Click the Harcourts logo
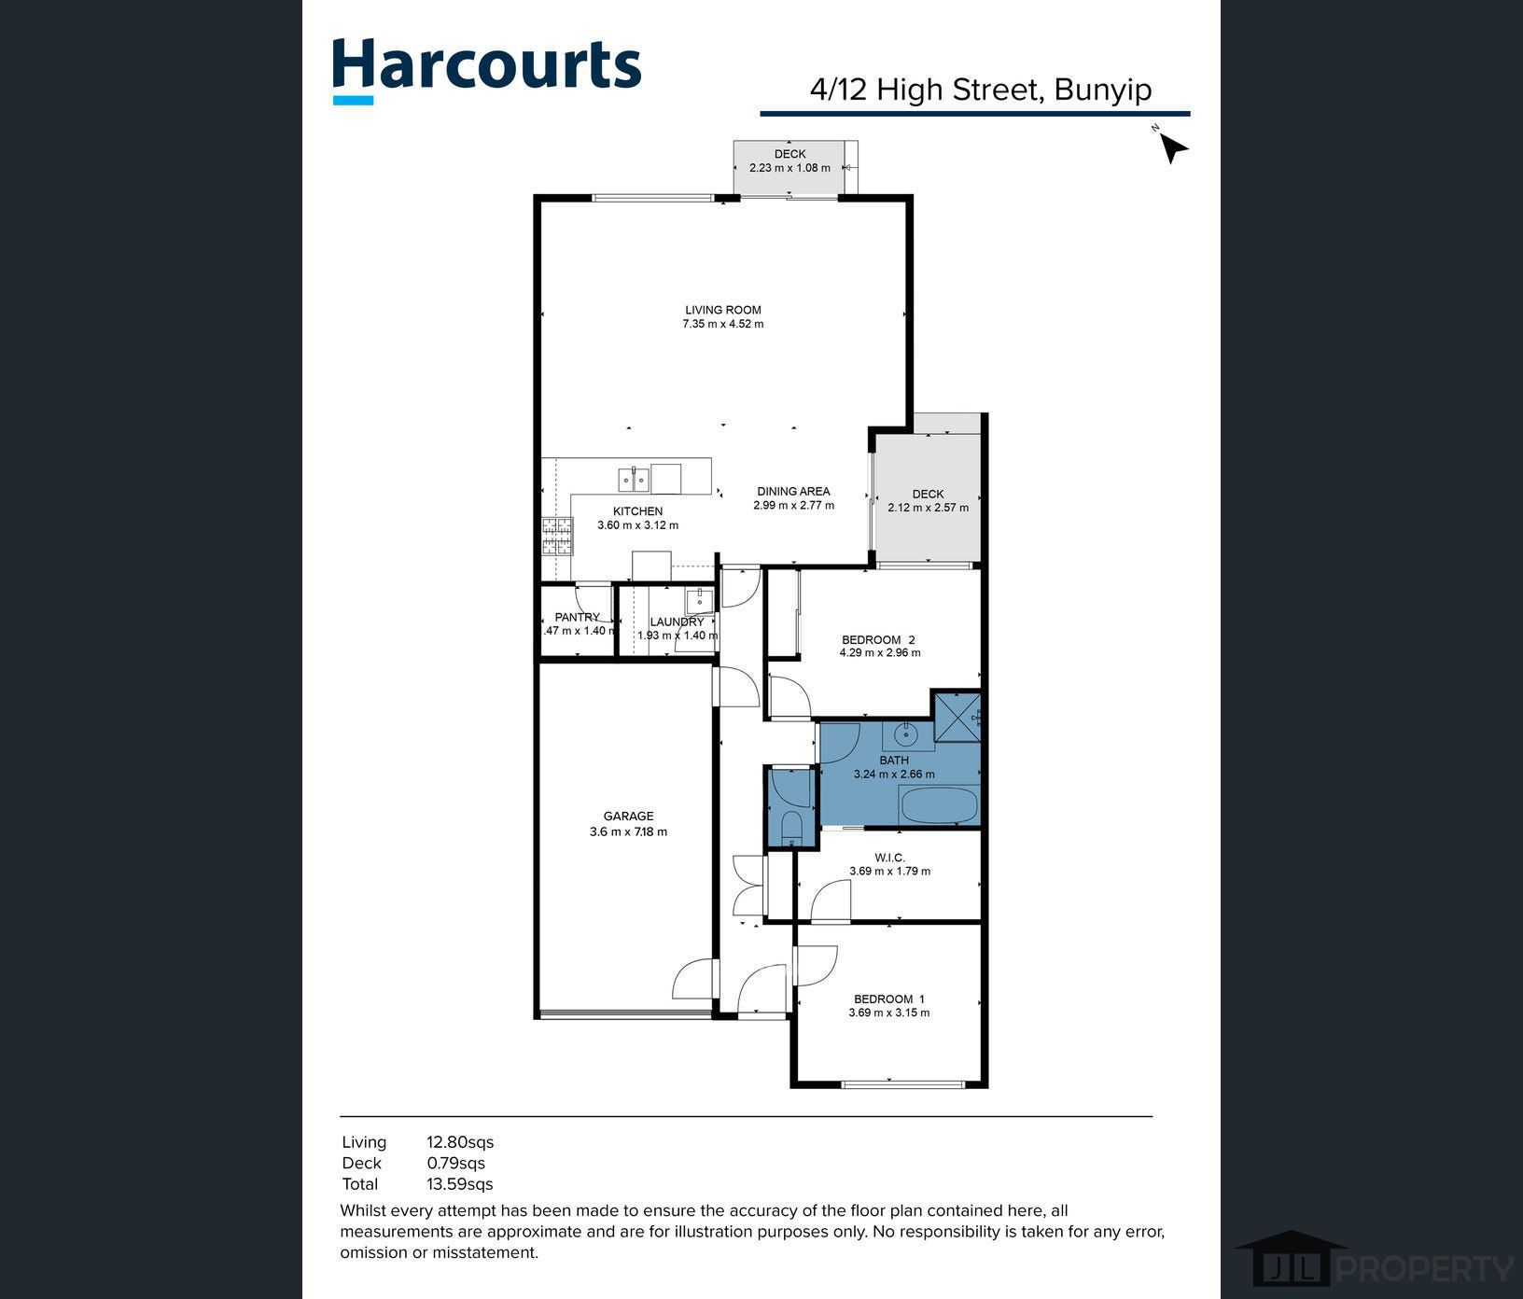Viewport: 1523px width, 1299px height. (486, 67)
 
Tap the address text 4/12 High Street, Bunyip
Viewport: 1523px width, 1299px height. (980, 90)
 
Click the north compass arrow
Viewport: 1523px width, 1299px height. (1172, 147)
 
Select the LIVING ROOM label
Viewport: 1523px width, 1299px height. (723, 310)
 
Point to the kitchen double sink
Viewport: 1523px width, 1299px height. (634, 480)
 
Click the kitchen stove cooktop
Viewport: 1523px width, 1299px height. (557, 537)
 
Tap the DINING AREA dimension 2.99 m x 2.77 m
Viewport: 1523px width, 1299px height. (793, 506)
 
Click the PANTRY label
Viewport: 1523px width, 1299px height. (577, 617)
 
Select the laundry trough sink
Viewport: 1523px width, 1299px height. (699, 599)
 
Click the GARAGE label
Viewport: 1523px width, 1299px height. (628, 816)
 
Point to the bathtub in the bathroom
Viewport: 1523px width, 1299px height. (938, 804)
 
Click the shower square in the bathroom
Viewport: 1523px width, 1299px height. (957, 716)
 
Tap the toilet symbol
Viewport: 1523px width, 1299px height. (791, 826)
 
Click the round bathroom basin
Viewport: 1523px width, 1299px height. (906, 735)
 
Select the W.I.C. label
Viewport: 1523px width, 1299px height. (889, 857)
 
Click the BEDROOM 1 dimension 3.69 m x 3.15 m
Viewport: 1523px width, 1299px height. (888, 1013)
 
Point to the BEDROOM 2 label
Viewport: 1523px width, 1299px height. (878, 639)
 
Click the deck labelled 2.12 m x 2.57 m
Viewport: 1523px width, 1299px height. (928, 500)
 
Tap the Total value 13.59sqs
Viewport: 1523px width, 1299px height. (459, 1184)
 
